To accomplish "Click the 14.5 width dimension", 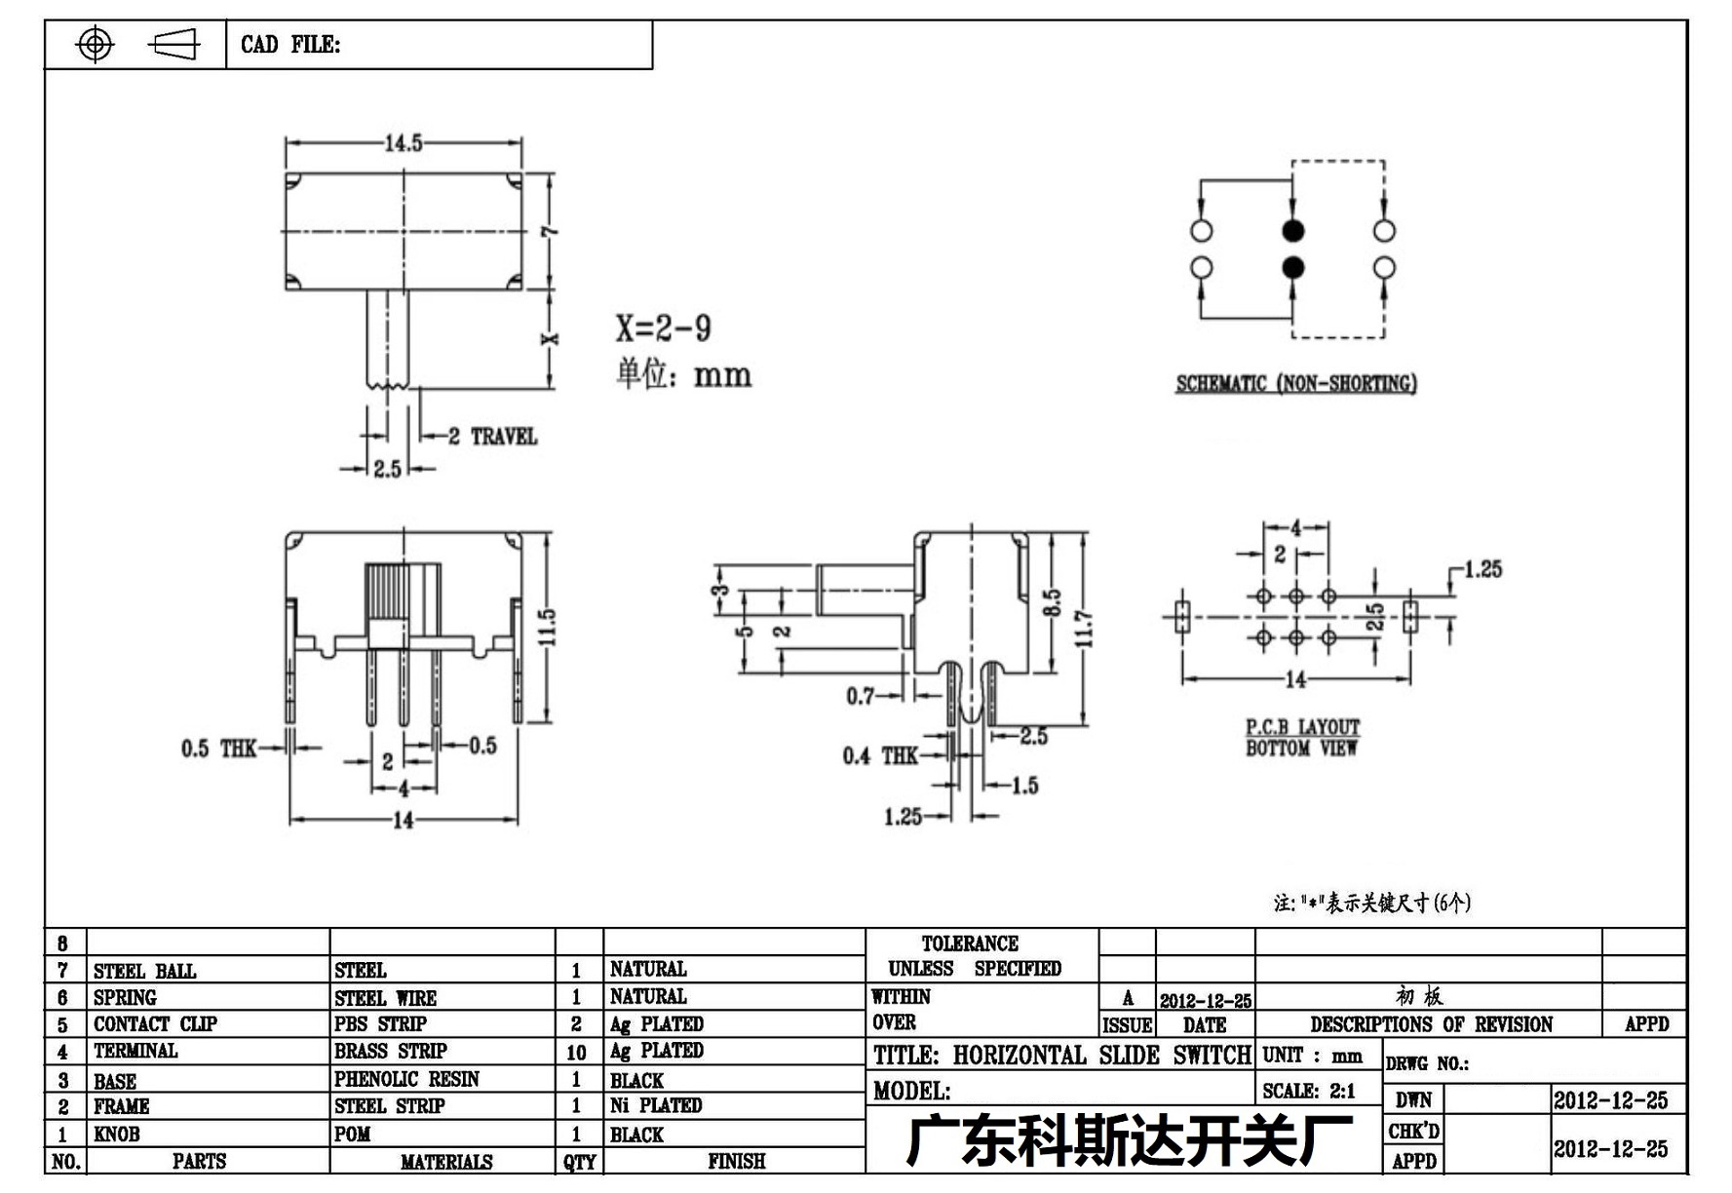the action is (404, 143).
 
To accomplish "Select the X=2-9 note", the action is (663, 328).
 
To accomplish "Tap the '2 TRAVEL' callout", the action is (492, 437).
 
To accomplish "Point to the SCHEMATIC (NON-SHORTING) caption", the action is (1295, 383).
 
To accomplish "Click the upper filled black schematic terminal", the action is (1292, 231).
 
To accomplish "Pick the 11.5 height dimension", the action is (548, 627).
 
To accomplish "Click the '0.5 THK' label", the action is (218, 749).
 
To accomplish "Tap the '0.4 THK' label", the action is (880, 756).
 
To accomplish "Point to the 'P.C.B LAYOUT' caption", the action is (1302, 727).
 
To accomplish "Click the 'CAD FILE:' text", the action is (290, 45).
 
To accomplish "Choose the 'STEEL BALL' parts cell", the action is (144, 971).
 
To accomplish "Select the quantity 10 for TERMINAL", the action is (576, 1053).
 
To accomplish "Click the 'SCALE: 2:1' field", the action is (1308, 1092).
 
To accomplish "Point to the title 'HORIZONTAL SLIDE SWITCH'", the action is (1101, 1056).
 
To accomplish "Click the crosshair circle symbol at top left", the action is (95, 44).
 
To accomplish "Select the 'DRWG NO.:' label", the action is (1427, 1063).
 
